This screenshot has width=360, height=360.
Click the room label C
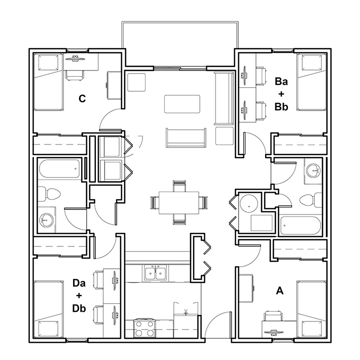(x=82, y=98)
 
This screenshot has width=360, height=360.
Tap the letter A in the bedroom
(x=280, y=291)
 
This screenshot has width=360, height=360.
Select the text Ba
(x=281, y=81)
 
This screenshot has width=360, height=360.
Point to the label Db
(x=79, y=308)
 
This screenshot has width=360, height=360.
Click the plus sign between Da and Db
(x=79, y=296)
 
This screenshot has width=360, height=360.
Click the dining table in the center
(x=179, y=203)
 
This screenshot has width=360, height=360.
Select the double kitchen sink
(x=156, y=272)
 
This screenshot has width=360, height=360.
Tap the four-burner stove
(x=145, y=329)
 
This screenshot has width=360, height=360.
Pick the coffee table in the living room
(x=182, y=104)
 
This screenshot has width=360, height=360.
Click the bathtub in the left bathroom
(x=59, y=169)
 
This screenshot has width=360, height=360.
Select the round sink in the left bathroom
(x=46, y=221)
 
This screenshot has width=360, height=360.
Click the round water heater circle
(x=249, y=204)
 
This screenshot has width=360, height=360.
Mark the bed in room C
(x=48, y=82)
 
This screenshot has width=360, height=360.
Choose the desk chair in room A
(x=273, y=316)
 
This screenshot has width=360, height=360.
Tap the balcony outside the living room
(x=180, y=44)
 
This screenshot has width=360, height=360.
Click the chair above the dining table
(x=179, y=186)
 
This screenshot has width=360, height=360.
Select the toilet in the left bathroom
(x=49, y=194)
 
